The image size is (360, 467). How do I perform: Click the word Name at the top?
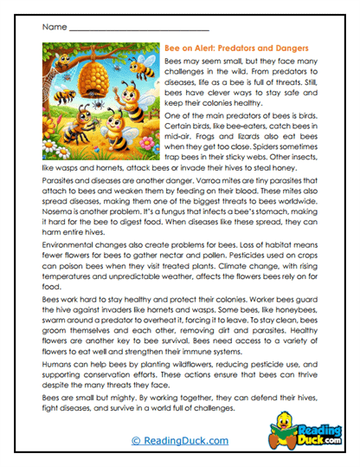pos(53,27)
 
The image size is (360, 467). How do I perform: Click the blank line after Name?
pos(130,29)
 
